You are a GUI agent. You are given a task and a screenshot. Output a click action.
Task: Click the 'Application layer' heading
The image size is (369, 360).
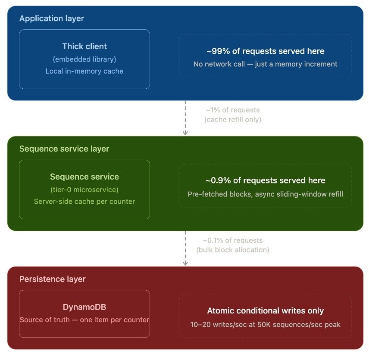pos(52,19)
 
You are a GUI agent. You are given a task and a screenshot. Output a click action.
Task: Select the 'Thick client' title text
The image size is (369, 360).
pos(84,47)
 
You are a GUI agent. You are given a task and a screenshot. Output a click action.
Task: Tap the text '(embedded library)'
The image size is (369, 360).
pos(84,59)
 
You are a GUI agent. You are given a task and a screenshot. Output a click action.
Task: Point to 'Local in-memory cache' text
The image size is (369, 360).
pos(84,71)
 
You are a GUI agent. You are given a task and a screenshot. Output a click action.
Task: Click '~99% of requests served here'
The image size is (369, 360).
pos(265,51)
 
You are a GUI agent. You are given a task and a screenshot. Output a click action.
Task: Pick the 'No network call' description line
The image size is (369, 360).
pos(265,64)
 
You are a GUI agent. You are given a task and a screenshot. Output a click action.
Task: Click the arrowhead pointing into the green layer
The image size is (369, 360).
pos(185,133)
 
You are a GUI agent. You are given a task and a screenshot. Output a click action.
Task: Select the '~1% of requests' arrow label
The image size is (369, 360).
pos(233,110)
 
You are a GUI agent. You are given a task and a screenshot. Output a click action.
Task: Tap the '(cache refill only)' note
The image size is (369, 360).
pos(233,119)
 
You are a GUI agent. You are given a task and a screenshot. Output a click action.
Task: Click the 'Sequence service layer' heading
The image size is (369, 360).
pos(64,149)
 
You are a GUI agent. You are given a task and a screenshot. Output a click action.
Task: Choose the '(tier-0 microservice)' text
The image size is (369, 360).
pos(84,189)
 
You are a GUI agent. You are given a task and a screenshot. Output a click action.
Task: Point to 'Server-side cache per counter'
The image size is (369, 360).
pos(84,202)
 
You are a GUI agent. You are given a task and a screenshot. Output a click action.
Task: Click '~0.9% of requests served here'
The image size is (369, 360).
pos(265,181)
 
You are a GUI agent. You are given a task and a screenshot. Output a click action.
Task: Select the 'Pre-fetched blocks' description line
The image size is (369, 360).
pos(265,194)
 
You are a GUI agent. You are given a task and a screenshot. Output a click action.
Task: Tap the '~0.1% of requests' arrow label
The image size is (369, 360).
pos(233,241)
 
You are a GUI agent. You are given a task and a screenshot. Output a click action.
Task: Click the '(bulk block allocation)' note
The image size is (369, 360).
pos(233,250)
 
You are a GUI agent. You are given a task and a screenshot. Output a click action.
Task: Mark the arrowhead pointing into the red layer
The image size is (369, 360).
pos(185,263)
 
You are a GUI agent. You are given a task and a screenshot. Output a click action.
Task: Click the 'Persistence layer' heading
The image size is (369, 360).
pos(53,279)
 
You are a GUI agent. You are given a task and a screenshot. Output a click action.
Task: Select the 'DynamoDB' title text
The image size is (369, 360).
pos(84,307)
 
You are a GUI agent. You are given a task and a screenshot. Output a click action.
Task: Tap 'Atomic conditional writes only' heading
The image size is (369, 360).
pos(265,311)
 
